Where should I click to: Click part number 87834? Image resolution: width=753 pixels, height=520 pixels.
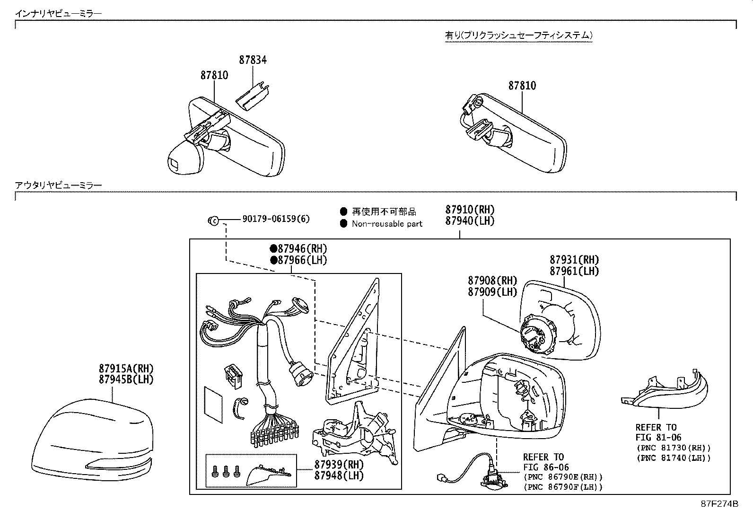pos(253,60)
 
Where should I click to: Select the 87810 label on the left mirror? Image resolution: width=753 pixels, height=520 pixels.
pos(214,75)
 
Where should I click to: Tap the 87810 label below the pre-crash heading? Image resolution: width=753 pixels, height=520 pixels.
pos(522,86)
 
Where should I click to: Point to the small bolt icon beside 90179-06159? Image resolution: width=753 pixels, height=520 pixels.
pos(213,220)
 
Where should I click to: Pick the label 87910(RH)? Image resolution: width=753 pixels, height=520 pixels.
pos(469,210)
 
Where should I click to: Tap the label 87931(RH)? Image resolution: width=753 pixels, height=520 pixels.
pos(574,260)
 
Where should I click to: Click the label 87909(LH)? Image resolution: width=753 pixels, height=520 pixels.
pos(492,292)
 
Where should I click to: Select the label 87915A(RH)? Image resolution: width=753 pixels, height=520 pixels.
pos(126,368)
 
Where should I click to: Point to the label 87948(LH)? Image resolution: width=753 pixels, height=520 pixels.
pos(339,475)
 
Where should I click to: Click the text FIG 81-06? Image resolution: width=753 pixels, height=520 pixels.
pos(658,438)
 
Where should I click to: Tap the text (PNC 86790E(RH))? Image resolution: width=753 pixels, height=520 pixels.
pos(563,477)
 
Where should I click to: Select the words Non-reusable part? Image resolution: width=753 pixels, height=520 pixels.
pos(387,224)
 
